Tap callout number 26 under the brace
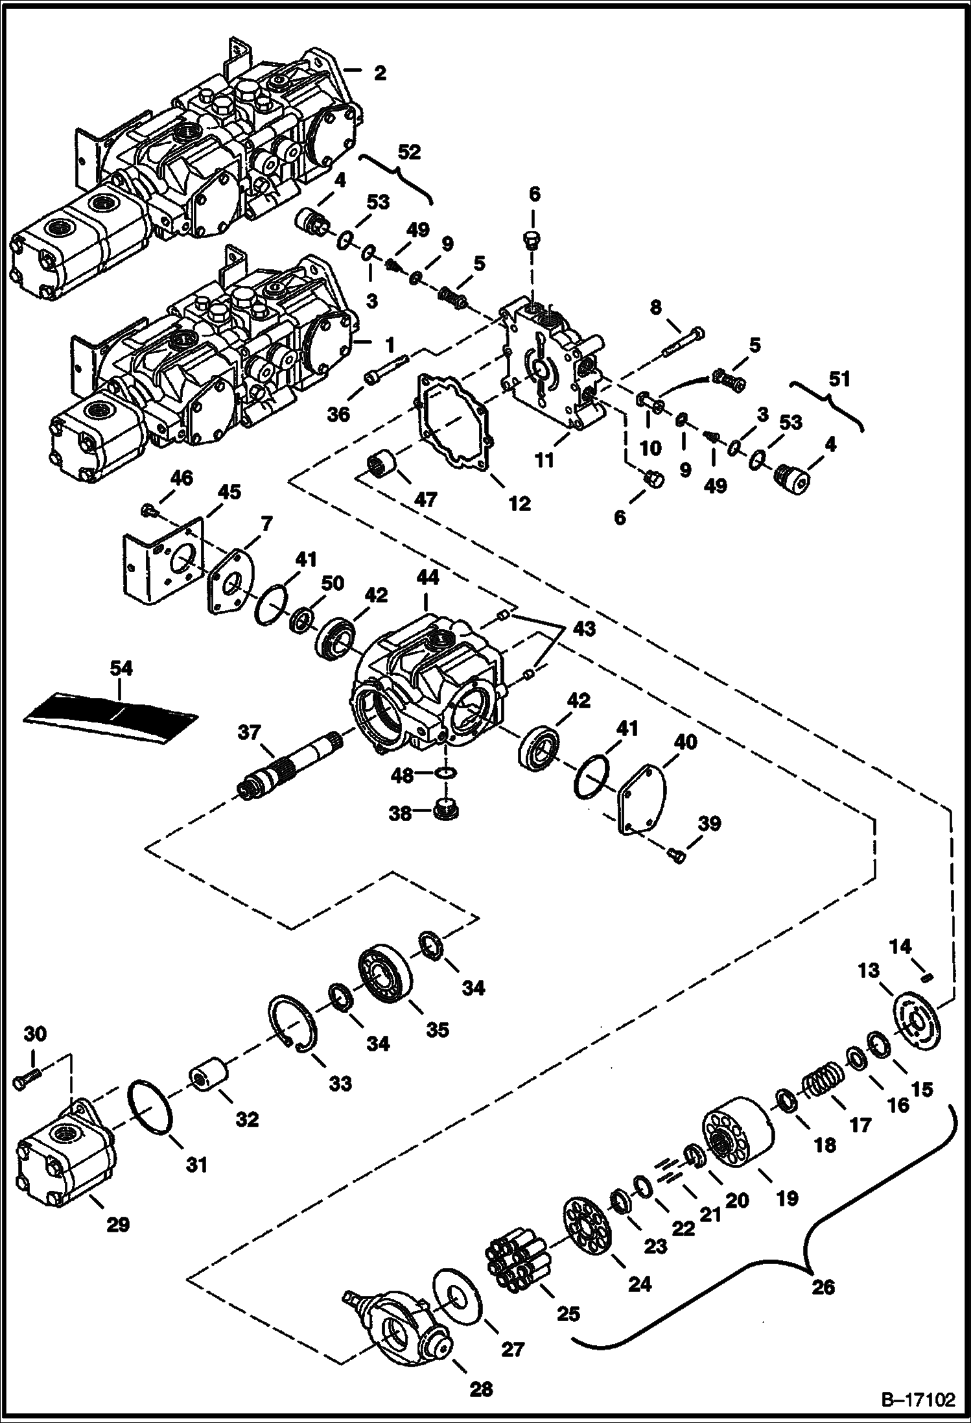click(x=823, y=1287)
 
